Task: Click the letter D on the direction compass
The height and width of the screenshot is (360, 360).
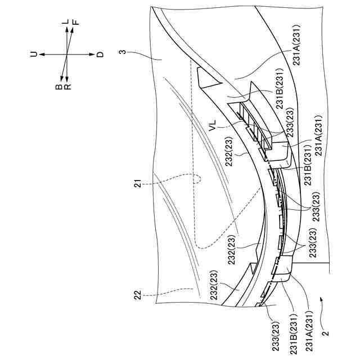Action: click(x=100, y=54)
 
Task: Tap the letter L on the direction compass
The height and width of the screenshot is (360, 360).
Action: click(x=67, y=21)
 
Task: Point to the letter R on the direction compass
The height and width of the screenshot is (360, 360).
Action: click(x=67, y=87)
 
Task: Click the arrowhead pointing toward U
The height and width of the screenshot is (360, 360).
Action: click(x=41, y=54)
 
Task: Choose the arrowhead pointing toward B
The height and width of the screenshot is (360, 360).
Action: click(x=61, y=80)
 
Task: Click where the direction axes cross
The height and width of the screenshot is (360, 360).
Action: click(x=67, y=54)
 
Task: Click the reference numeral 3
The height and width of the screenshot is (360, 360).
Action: click(x=121, y=54)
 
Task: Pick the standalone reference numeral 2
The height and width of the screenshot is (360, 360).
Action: click(x=324, y=326)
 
